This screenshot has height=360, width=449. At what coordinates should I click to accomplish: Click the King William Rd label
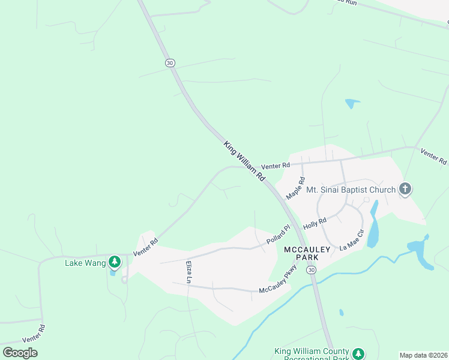tap(245, 162)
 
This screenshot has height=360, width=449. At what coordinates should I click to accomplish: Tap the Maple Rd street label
tap(297, 188)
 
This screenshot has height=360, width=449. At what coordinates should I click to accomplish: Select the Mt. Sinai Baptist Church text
tap(351, 190)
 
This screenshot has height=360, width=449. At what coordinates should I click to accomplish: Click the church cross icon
tap(405, 190)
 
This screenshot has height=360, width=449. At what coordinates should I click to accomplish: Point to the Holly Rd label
tap(315, 224)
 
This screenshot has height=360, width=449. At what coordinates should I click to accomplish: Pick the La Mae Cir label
tap(352, 239)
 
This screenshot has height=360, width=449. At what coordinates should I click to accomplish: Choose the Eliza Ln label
tap(188, 272)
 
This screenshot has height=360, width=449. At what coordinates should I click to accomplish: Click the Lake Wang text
tap(85, 262)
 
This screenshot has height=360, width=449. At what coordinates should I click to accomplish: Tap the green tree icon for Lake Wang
tap(115, 262)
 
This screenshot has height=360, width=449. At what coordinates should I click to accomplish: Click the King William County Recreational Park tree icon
tap(358, 353)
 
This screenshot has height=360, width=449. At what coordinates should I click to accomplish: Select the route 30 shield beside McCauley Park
tap(311, 271)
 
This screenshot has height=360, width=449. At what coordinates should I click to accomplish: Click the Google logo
tap(20, 353)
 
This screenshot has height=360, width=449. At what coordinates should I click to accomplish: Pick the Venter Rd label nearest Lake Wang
tap(146, 247)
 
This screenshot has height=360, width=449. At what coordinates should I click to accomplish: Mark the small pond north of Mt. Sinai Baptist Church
tap(352, 103)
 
